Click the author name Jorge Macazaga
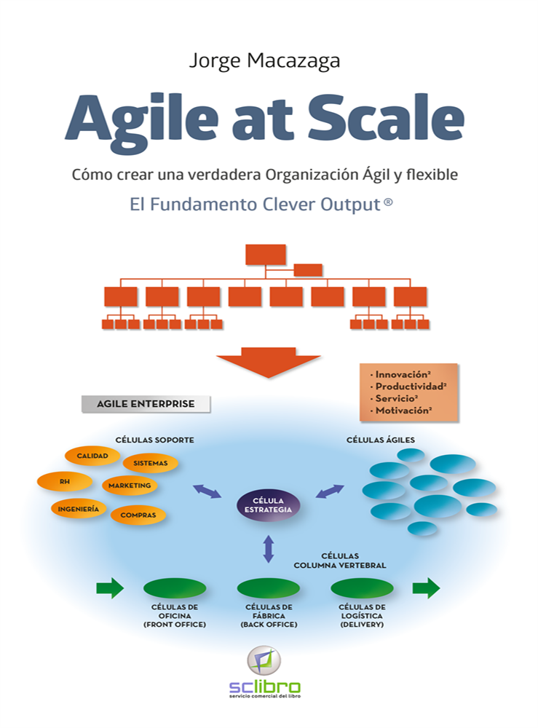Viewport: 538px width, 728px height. [264, 60]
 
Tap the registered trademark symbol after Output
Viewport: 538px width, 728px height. [388, 205]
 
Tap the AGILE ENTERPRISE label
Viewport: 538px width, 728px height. [146, 403]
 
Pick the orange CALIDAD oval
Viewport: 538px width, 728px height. [92, 456]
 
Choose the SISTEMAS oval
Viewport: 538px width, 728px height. [151, 463]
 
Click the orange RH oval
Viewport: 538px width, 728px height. [65, 481]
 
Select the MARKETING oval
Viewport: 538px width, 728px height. [130, 486]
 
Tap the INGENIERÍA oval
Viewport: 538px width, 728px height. [79, 509]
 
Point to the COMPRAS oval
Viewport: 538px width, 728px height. [138, 515]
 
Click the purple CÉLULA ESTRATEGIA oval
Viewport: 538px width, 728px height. [268, 505]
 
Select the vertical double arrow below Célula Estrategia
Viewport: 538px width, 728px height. [268, 548]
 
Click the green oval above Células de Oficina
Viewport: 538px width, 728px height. [175, 588]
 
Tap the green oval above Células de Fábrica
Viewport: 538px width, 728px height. [269, 588]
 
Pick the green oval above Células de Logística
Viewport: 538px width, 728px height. [362, 588]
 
